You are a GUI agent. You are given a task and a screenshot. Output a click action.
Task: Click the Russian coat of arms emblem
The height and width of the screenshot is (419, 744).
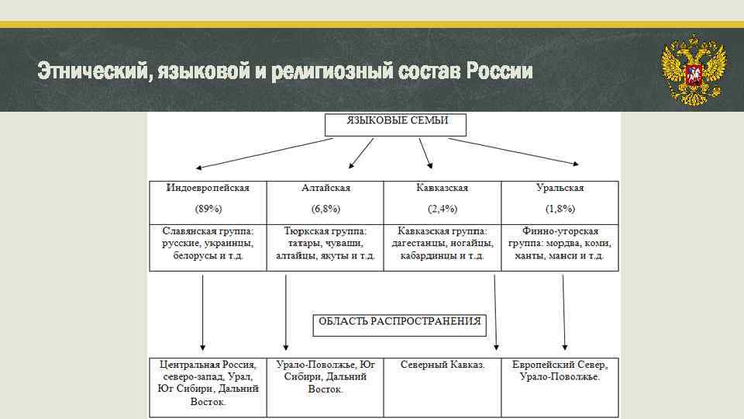pos(693,71)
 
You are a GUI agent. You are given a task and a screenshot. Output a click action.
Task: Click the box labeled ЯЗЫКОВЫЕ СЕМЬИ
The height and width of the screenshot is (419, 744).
pos(397,123)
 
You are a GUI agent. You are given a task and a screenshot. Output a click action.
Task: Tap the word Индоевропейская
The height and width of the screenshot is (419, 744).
pos(208,189)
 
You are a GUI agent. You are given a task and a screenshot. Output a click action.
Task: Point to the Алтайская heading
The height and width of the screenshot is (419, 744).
pos(325,189)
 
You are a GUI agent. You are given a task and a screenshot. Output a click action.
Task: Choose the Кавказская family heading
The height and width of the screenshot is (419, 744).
pos(443,189)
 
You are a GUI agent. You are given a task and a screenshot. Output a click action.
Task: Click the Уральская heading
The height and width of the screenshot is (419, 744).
pos(560,189)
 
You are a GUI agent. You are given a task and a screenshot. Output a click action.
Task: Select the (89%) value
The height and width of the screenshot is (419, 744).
pos(208,209)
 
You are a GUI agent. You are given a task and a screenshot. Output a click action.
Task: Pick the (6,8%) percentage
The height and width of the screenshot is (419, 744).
pos(325,209)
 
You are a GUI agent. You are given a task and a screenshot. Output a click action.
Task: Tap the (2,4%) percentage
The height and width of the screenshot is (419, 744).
pos(443,209)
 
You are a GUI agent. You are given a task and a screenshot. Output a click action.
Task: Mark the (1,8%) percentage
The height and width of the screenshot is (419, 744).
pos(560,209)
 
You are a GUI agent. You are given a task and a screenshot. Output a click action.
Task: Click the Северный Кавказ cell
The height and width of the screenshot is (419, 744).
pos(443,365)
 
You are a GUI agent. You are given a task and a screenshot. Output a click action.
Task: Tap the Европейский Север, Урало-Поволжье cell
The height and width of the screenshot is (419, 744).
pos(560,371)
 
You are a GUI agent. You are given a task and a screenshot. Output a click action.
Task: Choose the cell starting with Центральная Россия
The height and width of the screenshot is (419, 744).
pos(208,383)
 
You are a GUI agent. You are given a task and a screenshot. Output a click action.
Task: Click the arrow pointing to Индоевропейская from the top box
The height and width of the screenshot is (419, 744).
pos(263,153)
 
